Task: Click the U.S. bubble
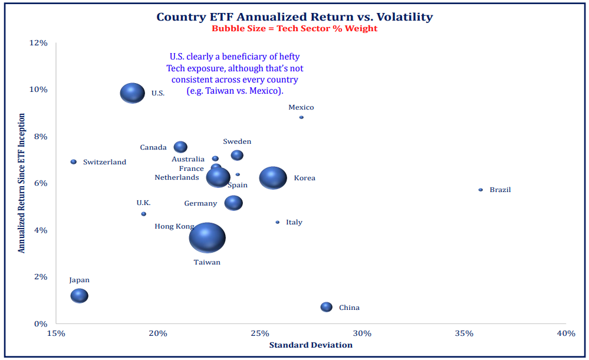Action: [x=132, y=93]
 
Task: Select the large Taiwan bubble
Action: [x=207, y=238]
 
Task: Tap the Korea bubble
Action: [x=273, y=177]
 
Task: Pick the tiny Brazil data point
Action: [x=481, y=190]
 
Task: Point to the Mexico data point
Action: [x=301, y=117]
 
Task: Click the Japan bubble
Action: [x=79, y=295]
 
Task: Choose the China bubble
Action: [x=326, y=307]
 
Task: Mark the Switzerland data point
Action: [x=74, y=161]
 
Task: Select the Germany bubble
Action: [x=233, y=203]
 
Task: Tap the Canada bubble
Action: [x=180, y=147]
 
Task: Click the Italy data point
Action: [x=278, y=222]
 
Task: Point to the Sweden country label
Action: [x=237, y=141]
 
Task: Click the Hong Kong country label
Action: [x=174, y=226]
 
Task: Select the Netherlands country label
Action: [x=176, y=177]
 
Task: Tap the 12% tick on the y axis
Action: [x=39, y=42]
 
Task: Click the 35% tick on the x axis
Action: [x=464, y=333]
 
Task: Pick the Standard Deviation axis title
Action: [x=311, y=345]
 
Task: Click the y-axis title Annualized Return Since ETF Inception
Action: [x=22, y=183]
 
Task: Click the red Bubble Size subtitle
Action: [x=294, y=28]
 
